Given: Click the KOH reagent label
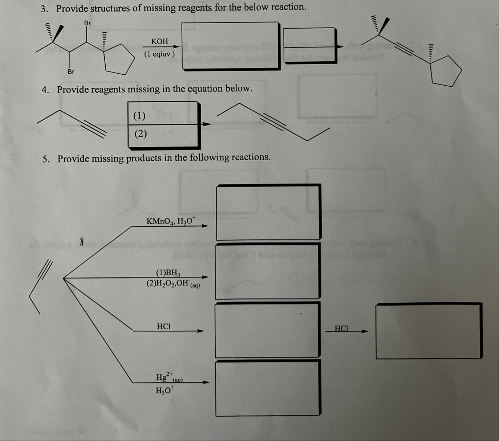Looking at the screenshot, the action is [160, 41].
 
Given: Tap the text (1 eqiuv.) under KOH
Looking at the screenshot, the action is [159, 54].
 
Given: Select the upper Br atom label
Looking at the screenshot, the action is [88, 23].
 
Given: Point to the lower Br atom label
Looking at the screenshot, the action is [71, 71].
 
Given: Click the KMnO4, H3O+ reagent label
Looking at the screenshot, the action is [171, 220].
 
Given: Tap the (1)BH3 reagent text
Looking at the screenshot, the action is [168, 272].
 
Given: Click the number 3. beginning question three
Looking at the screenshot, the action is [44, 9].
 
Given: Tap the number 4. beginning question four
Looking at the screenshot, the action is [45, 90].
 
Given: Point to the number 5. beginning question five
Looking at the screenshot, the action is [46, 159].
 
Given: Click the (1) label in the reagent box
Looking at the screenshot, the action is [139, 116].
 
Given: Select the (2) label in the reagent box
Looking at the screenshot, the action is [141, 134].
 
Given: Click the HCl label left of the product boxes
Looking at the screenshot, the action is [163, 326].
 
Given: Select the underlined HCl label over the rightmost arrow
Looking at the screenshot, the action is [341, 329].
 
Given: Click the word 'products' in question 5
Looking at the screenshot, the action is [143, 158].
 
